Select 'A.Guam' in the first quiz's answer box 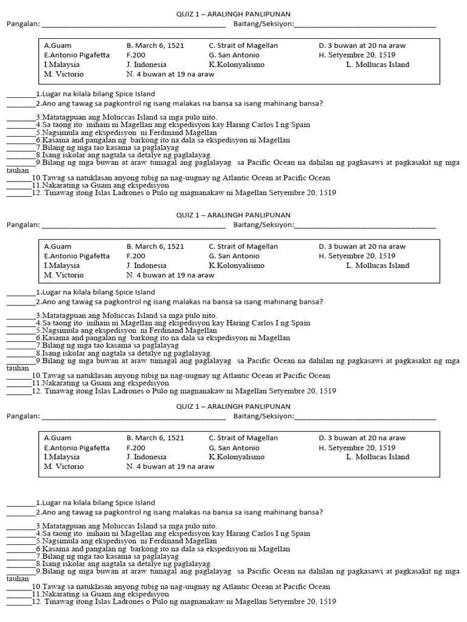point(57,46)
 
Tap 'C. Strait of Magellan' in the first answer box point(243,46)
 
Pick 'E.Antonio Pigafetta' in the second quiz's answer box point(77,256)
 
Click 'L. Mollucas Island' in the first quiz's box point(378,64)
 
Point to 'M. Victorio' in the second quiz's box point(64,275)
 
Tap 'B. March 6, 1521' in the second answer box point(155,247)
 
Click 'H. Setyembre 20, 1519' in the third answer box point(357,448)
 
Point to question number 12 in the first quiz point(36,193)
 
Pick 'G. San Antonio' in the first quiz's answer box point(234,55)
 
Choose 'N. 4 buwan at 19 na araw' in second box point(170,275)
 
